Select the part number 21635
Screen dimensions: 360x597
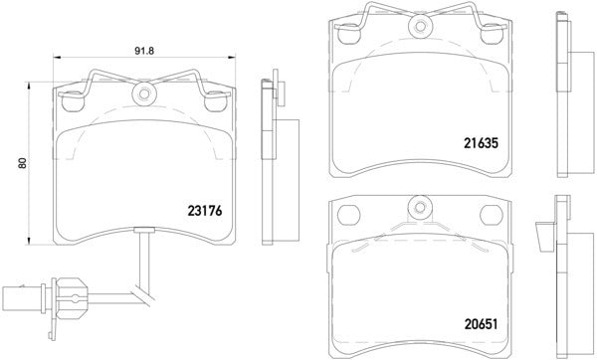click(481, 142)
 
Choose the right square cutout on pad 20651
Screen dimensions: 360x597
click(492, 214)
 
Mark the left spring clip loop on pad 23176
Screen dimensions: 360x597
click(72, 98)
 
